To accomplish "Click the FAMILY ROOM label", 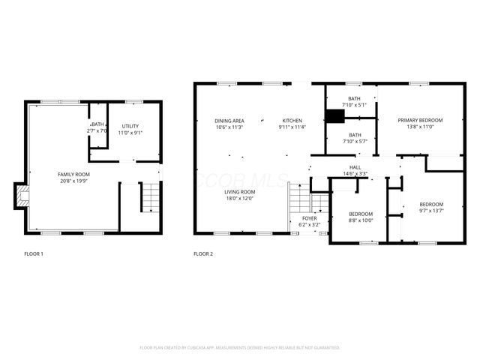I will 73,174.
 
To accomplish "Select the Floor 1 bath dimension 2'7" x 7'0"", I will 97,131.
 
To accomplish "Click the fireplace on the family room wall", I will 23,196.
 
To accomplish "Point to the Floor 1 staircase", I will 151,196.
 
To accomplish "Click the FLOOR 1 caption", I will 33,254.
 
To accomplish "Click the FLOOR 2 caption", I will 203,254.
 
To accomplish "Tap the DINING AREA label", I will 229,121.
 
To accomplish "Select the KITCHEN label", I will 292,121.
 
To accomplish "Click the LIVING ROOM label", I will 241,192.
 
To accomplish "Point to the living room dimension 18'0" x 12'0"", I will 241,199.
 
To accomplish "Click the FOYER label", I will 309,218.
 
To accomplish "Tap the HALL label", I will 355,167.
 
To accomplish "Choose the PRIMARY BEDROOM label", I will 420,120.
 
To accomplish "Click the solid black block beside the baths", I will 334,116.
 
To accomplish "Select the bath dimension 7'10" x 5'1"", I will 354,105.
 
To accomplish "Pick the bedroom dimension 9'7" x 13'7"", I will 431,211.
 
